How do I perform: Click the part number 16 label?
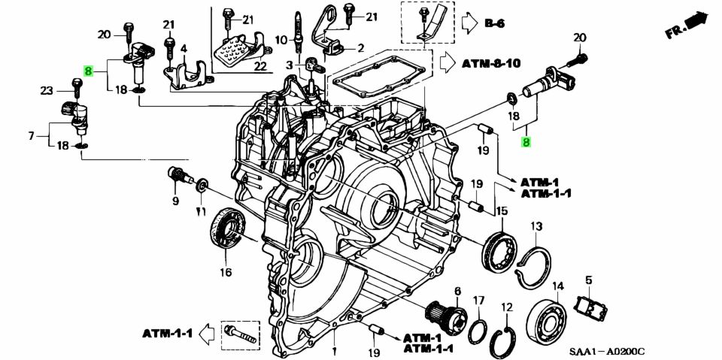[x=226, y=272]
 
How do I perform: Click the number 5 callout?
[x=589, y=280]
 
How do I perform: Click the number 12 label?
[x=507, y=307]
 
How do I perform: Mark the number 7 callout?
[x=31, y=136]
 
